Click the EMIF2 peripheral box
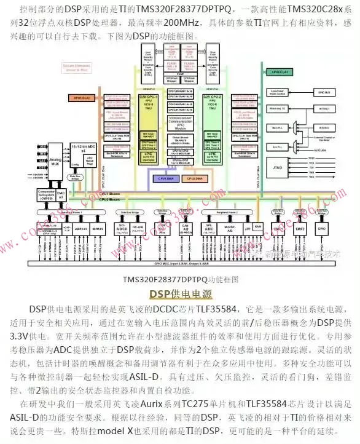pos(300,229)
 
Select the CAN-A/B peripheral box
pos(185,229)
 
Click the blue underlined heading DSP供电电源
pos(179,293)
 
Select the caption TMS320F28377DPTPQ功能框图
pos(179,279)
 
